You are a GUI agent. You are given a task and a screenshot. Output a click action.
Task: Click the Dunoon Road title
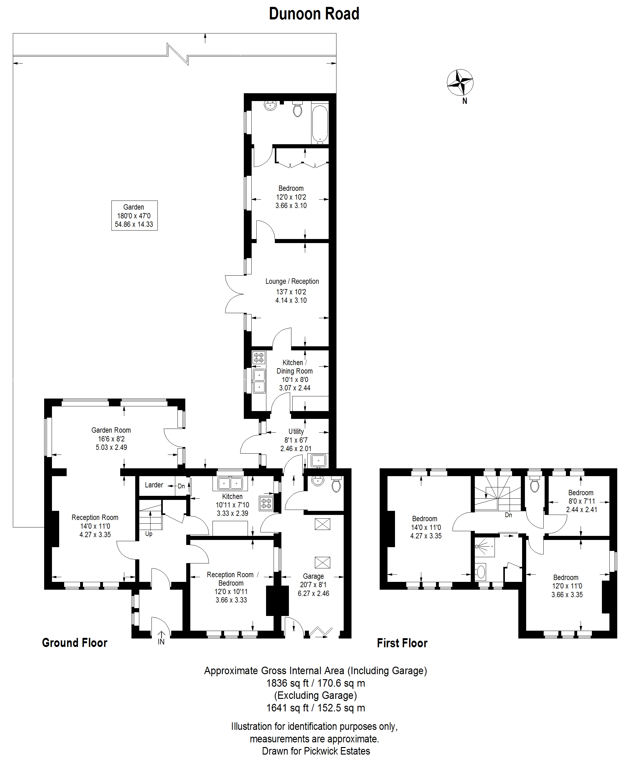click(314, 14)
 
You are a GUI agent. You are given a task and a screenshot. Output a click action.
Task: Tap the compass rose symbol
click(460, 83)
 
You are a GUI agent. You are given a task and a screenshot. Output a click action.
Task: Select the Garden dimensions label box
click(134, 216)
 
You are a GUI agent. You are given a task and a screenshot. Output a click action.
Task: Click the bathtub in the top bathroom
click(320, 123)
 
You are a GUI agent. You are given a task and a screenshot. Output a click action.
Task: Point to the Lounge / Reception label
click(292, 282)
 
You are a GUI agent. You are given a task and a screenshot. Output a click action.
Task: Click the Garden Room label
click(111, 430)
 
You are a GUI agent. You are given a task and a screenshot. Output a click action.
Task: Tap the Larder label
click(154, 485)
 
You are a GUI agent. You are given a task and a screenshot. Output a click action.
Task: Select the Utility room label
click(296, 431)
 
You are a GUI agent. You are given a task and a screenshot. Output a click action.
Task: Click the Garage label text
click(313, 576)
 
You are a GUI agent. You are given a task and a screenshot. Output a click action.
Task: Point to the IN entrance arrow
click(161, 638)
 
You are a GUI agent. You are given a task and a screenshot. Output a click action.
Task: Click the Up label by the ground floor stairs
click(149, 534)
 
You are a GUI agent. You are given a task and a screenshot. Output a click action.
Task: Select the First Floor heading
click(402, 643)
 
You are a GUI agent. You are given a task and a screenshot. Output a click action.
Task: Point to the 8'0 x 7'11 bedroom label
click(582, 501)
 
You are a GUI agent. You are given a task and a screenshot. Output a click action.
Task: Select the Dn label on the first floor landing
click(508, 515)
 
